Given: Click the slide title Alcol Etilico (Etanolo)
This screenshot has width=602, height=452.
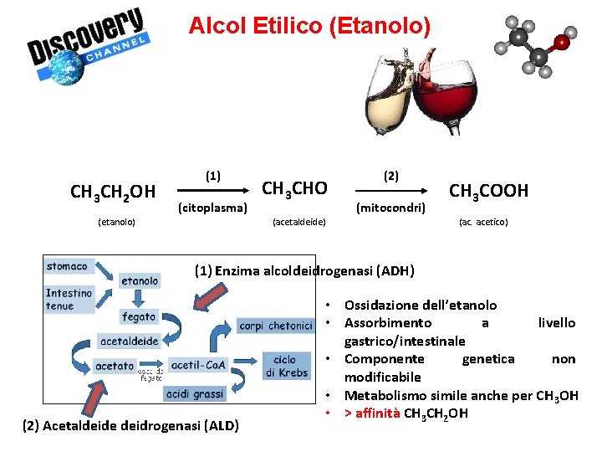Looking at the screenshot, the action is (309, 26).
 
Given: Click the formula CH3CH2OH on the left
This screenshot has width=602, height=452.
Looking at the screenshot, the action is (113, 193).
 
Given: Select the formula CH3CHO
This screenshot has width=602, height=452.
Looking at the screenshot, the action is (294, 187).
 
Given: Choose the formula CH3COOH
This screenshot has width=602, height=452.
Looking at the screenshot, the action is (489, 191).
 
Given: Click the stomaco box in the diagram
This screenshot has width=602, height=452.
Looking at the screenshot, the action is (68, 266).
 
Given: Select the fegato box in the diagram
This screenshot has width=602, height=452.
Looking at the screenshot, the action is (139, 316).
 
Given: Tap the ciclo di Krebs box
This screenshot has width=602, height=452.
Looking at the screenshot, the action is (285, 367).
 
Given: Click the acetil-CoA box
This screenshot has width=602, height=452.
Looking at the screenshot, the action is (198, 365).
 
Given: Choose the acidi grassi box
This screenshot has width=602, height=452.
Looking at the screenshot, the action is (195, 394).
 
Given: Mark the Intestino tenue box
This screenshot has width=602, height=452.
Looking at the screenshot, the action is (69, 299).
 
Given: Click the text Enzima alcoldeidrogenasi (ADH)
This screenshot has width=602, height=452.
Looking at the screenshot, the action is (314, 270).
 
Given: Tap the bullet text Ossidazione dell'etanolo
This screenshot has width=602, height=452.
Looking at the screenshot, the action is (421, 305).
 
